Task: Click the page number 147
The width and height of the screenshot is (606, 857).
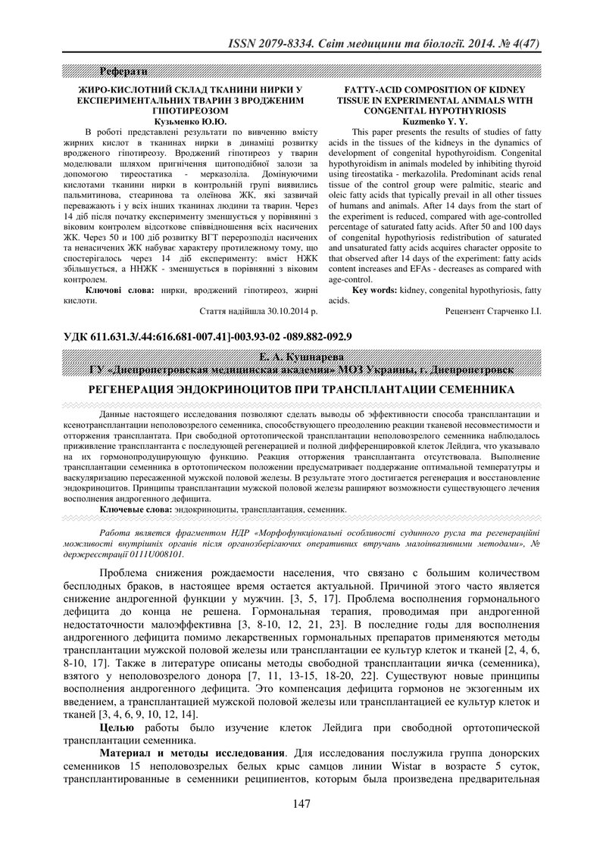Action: click(302, 825)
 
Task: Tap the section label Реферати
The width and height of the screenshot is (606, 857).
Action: click(114, 72)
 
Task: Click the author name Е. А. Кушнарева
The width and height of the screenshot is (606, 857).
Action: click(302, 357)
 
